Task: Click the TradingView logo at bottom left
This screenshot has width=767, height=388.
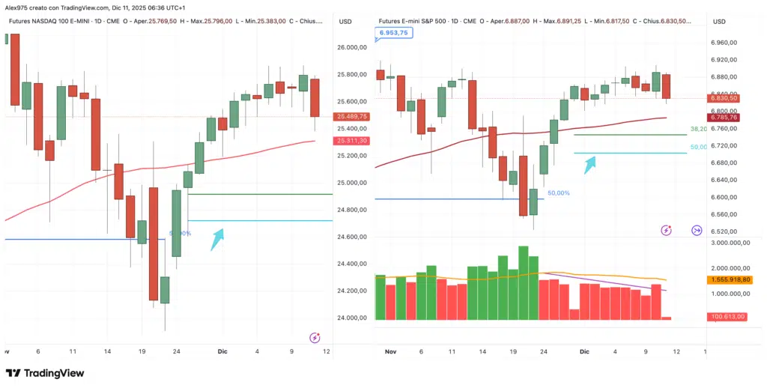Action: [46, 373]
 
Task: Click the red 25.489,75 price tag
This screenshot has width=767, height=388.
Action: [352, 116]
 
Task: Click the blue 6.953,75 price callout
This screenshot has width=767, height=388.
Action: [393, 34]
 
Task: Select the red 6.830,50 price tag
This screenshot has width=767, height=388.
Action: [723, 98]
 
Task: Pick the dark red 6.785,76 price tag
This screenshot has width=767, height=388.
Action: [723, 118]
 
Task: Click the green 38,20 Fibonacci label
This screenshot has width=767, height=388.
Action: [698, 129]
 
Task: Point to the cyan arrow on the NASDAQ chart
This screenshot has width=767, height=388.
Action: [217, 239]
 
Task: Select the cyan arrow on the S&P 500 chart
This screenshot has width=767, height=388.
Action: [590, 163]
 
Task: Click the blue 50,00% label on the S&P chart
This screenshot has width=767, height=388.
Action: [558, 193]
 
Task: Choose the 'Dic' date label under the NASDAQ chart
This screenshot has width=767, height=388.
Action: [221, 351]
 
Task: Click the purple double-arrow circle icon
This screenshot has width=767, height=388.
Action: [696, 230]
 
